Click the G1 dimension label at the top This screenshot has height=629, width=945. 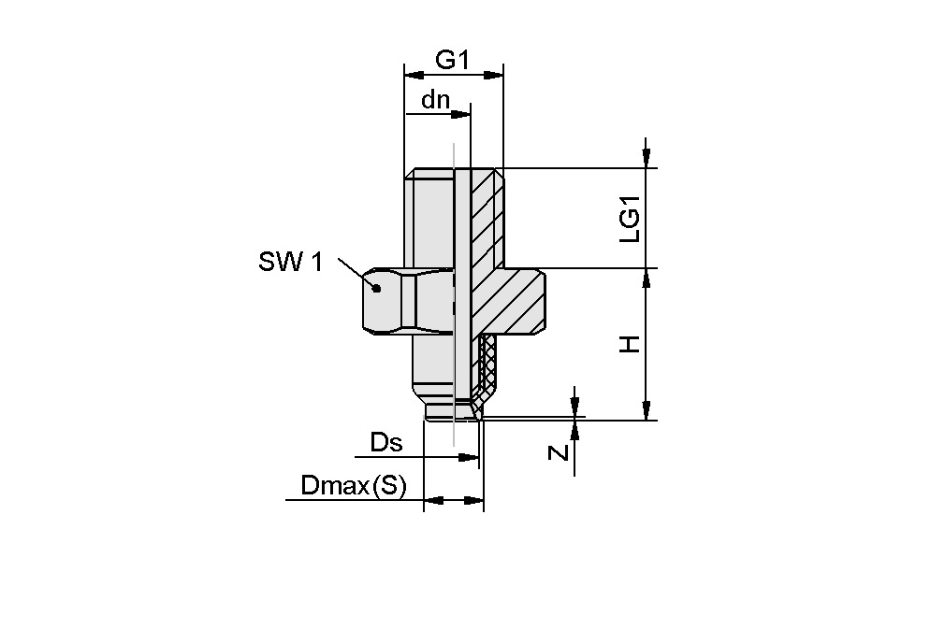pos(452,60)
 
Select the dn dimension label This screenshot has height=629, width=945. pos(435,100)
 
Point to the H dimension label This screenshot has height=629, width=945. pos(632,344)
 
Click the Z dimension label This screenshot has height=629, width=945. pos(559,452)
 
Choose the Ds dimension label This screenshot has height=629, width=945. pos(386,442)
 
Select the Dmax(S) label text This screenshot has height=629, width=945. pos(354,486)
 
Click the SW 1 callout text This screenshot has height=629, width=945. pos(290,263)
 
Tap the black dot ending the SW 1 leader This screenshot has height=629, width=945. pos(376,288)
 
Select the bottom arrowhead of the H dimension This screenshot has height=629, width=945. pos(646,411)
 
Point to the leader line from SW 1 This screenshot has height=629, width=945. pos(356,273)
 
